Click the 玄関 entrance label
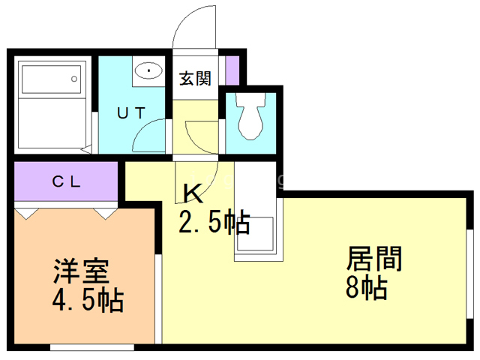click(x=195, y=79)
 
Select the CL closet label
click(x=66, y=181)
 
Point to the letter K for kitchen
click(x=193, y=193)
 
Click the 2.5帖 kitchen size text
click(x=214, y=222)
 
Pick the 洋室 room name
click(x=81, y=271)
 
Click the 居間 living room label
click(x=374, y=259)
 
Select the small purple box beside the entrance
click(x=232, y=68)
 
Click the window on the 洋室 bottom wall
click(x=91, y=347)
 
